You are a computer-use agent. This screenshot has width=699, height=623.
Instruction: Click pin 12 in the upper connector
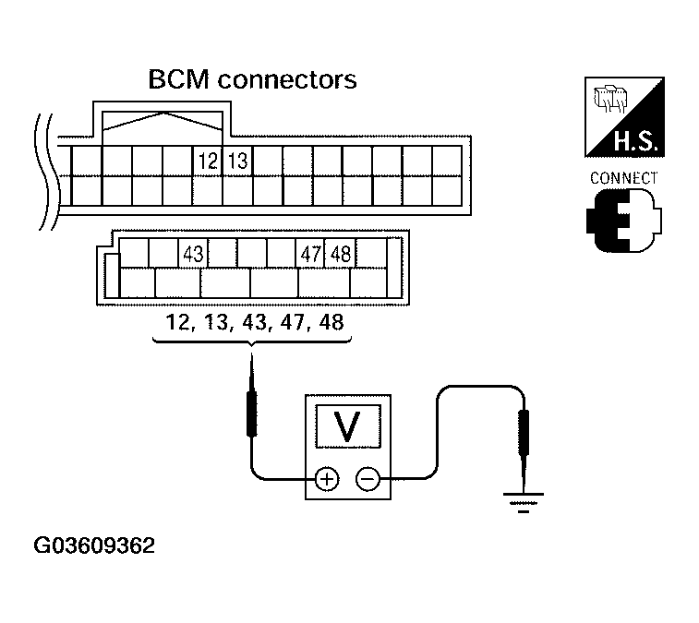coord(207,161)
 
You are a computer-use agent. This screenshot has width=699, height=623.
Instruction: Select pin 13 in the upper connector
coord(237,161)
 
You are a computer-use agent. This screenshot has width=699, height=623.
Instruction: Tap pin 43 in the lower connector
coord(193,254)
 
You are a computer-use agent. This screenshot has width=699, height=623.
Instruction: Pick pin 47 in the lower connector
coord(310,254)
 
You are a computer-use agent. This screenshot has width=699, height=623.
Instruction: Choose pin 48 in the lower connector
coord(341,254)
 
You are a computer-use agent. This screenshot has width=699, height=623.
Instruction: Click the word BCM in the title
coord(179,79)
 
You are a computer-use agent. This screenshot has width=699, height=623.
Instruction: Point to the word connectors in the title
coord(287,80)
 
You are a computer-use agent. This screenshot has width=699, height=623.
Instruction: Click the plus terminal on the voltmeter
coord(327,480)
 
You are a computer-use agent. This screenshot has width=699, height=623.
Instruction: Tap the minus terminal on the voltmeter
coord(368,480)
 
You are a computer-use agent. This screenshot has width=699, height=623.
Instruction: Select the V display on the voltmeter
coord(348,426)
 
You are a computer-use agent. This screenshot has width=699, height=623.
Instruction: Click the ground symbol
coord(524,503)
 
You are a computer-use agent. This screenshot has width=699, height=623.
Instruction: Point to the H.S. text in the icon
coord(635,141)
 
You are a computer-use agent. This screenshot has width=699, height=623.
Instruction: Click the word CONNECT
coord(623,178)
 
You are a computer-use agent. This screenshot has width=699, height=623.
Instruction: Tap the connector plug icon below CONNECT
coord(624,221)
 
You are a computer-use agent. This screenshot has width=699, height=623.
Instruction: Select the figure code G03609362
coord(94,545)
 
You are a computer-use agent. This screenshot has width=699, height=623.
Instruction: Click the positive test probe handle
coord(252,413)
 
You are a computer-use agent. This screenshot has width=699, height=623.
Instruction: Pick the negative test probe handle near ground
coord(524,432)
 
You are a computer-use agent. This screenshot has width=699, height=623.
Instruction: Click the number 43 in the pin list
coord(254,322)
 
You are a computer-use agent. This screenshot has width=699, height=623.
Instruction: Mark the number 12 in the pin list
coord(178,322)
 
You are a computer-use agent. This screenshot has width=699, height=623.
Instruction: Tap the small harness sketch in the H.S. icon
coord(610,98)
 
